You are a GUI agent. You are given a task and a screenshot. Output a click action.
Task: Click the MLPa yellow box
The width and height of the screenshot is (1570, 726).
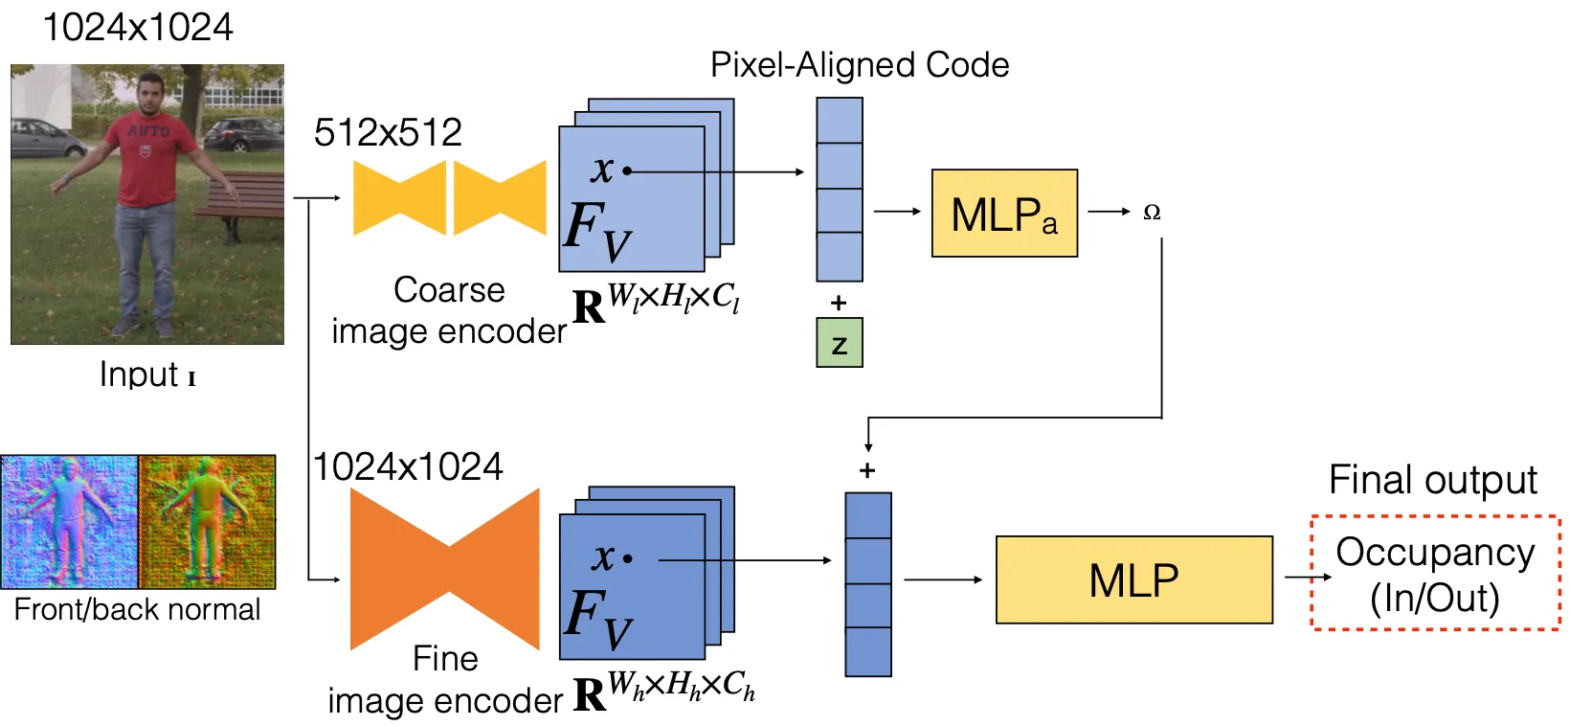(x=1003, y=214)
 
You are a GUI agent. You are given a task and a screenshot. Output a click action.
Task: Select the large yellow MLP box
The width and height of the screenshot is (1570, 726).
(x=1133, y=579)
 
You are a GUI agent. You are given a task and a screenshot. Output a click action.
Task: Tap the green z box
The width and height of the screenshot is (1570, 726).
(x=839, y=343)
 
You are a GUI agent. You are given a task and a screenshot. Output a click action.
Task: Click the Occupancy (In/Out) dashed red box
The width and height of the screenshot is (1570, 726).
(x=1435, y=574)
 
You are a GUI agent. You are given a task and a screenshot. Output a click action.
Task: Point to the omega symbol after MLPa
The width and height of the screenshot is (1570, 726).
(x=1152, y=212)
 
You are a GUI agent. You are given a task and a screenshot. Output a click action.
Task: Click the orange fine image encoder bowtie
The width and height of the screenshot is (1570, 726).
(x=445, y=569)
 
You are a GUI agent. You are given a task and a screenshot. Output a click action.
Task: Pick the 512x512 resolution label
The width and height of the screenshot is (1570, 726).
(x=388, y=132)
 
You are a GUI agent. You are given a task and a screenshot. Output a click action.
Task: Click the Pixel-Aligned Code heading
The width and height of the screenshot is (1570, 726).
(x=859, y=65)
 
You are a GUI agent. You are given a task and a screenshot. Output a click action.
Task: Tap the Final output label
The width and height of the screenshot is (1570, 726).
(x=1432, y=480)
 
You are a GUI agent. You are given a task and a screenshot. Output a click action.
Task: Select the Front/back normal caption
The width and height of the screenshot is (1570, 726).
(x=137, y=610)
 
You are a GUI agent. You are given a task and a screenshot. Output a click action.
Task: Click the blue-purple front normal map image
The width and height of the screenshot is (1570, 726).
(x=70, y=522)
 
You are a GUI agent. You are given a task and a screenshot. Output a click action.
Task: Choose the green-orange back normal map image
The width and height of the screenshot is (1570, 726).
(x=207, y=522)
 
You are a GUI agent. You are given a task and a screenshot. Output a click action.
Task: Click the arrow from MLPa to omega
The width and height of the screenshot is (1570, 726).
(x=1109, y=212)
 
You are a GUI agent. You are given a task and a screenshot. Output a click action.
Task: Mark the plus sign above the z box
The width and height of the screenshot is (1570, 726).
(x=839, y=303)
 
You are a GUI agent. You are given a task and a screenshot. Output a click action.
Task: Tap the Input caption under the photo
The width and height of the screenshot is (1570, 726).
(x=146, y=374)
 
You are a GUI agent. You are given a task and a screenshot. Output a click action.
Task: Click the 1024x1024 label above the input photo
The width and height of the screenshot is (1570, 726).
(x=137, y=27)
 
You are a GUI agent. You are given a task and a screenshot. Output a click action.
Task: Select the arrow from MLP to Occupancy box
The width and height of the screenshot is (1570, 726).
(x=1307, y=578)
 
